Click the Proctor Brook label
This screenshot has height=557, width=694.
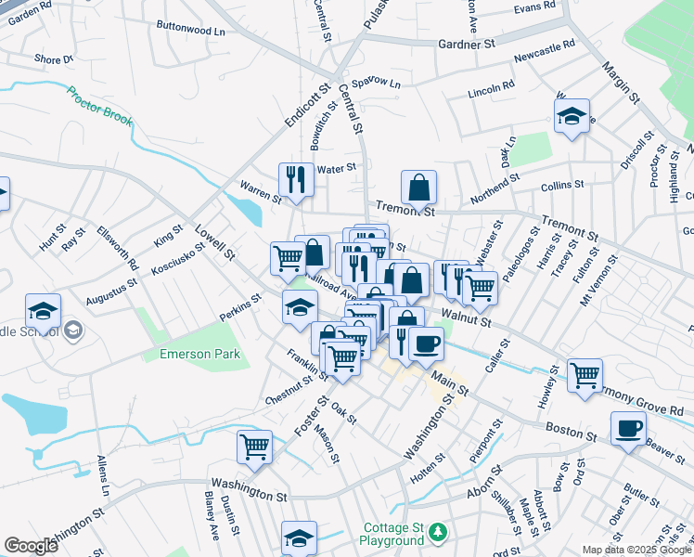(99, 110)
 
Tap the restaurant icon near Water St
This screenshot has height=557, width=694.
(296, 178)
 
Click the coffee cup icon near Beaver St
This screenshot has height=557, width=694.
(628, 429)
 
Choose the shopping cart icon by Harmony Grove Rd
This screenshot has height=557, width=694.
(585, 377)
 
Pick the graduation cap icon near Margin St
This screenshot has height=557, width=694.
(572, 116)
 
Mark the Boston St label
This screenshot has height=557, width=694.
(572, 434)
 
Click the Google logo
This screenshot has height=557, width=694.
(31, 546)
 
